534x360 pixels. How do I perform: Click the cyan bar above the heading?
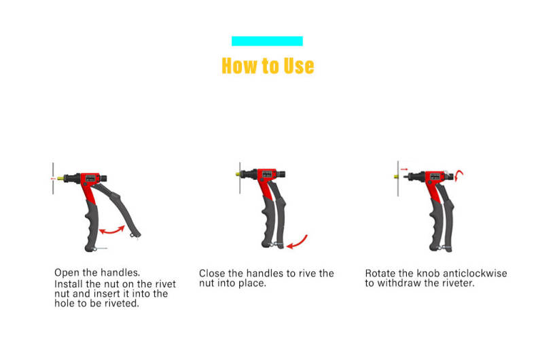tap(267, 41)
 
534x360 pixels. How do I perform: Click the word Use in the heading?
tap(299, 66)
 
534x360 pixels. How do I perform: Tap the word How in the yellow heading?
tap(239, 66)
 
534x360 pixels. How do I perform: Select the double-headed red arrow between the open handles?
tap(111, 230)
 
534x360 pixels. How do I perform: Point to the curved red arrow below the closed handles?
tap(298, 242)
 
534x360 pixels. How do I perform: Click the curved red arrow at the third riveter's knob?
tap(459, 175)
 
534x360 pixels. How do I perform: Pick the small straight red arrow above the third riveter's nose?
tap(404, 169)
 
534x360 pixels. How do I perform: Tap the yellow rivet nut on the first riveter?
tap(60, 179)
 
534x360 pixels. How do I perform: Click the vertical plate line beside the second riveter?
tap(240, 178)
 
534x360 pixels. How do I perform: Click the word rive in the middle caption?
tap(307, 273)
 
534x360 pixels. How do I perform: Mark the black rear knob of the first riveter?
tap(103, 178)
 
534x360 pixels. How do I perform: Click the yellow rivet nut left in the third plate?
tap(396, 177)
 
